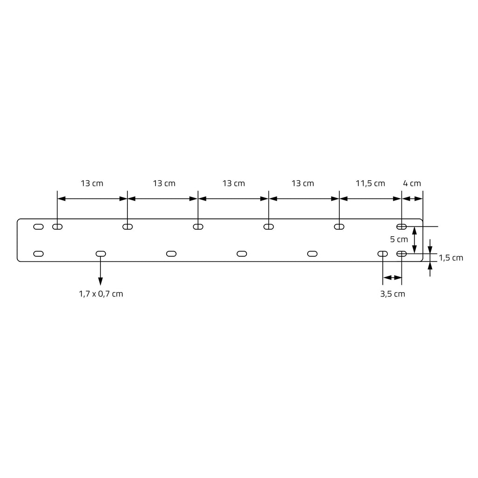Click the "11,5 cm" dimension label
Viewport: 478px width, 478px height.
[x=370, y=183]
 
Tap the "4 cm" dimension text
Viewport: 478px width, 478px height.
[x=412, y=183]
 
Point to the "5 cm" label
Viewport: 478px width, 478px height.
[x=399, y=239]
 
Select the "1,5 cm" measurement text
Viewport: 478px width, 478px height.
[x=451, y=258]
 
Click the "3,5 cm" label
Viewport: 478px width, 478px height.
[x=393, y=294]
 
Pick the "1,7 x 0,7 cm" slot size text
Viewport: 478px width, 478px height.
[x=101, y=294]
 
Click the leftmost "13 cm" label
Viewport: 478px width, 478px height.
[x=92, y=183]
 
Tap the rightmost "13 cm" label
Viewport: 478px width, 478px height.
[x=302, y=183]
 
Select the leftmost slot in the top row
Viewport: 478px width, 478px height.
[x=38, y=227]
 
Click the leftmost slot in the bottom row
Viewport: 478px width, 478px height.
[x=38, y=253]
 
